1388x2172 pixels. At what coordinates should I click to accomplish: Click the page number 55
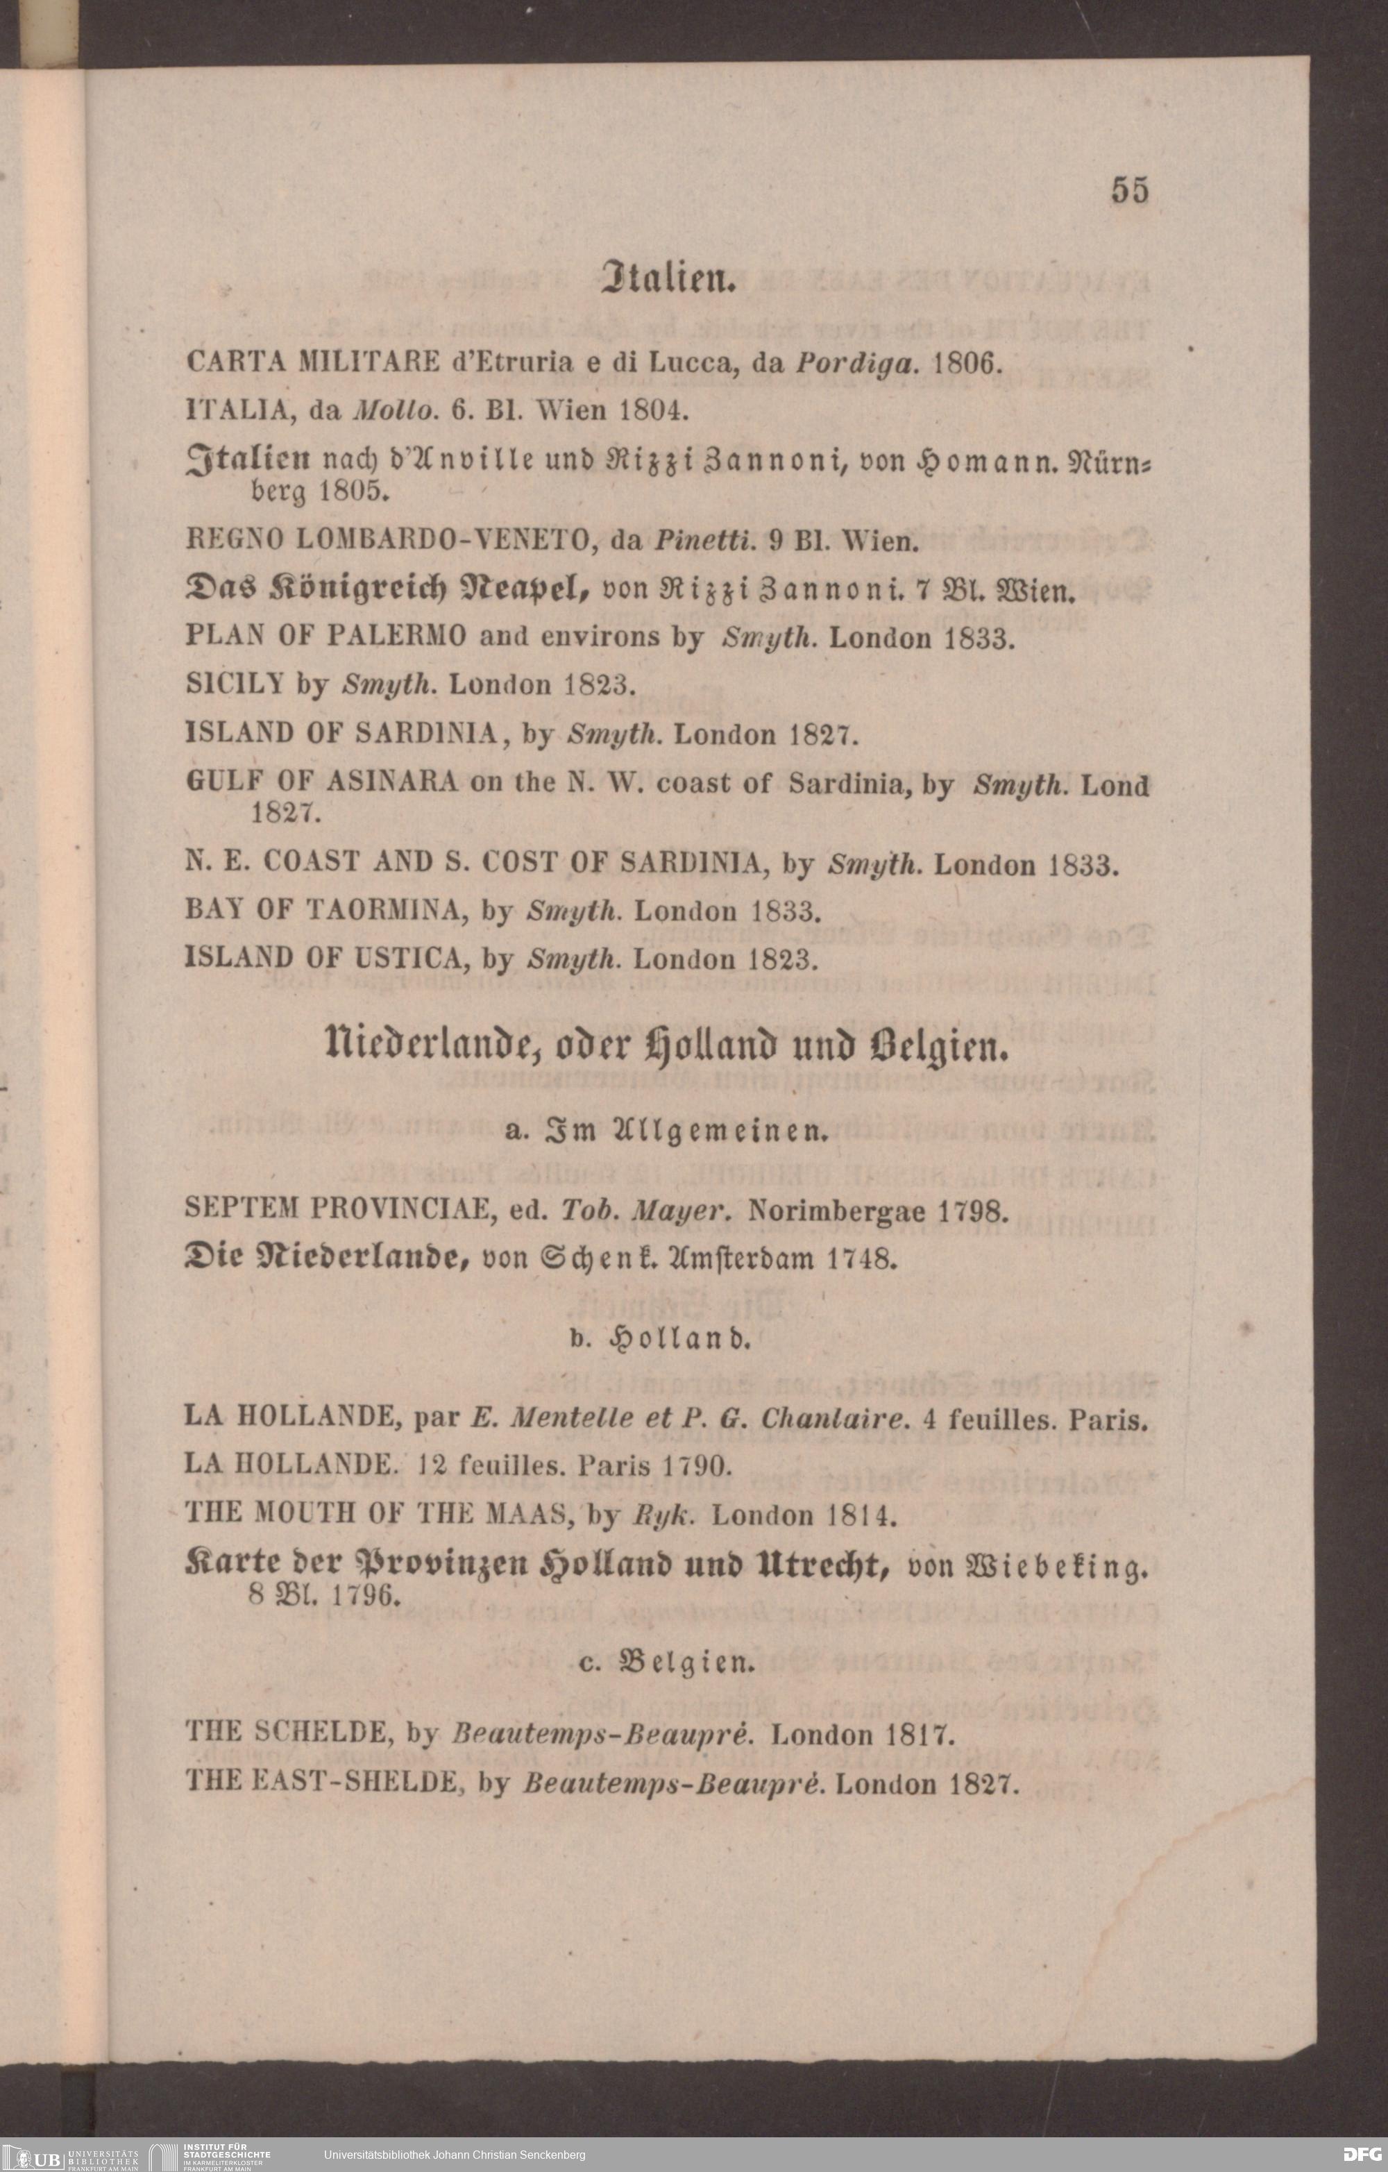(1130, 190)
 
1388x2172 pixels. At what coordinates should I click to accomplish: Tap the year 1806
(967, 364)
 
